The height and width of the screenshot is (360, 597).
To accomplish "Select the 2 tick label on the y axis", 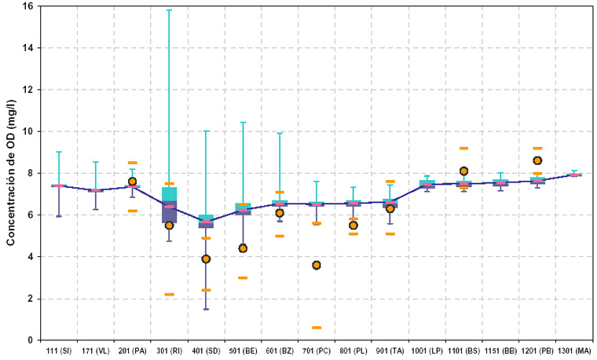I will tap(30, 299).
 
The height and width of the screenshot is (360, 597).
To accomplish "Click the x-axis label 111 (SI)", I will tap(59, 350).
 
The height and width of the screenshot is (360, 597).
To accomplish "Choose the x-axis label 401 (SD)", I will tap(206, 350).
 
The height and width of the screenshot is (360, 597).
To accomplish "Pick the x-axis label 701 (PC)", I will tap(317, 350).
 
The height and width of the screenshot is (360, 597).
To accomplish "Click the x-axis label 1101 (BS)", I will tap(463, 350).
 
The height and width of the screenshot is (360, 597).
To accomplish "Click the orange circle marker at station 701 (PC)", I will tap(317, 265).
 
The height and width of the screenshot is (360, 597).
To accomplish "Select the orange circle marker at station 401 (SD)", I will tap(206, 259).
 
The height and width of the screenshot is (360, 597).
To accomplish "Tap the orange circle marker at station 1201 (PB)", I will tap(537, 160).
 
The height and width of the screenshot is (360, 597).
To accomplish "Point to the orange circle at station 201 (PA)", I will tap(132, 182).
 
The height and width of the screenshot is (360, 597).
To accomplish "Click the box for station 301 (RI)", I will tap(169, 204).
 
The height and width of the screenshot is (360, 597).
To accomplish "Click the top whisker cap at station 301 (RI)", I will tap(169, 10).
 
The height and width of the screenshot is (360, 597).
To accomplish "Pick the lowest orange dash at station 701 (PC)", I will tap(317, 328).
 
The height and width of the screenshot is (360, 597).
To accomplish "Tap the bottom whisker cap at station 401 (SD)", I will tap(206, 309).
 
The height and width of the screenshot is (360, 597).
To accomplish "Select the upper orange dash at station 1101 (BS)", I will tap(463, 149).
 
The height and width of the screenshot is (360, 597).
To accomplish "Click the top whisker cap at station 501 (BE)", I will tap(243, 123).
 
